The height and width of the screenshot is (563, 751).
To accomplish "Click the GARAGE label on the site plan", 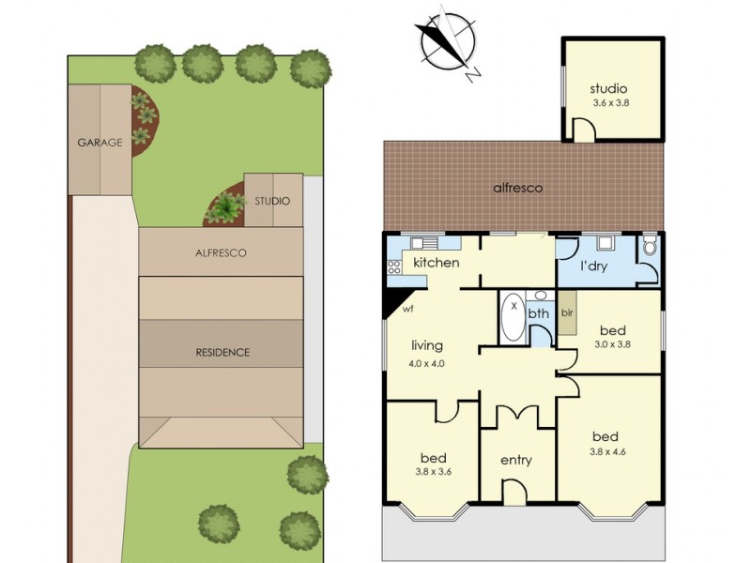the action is click(x=100, y=143).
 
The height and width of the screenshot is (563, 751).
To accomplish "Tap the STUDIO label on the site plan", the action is click(x=272, y=201).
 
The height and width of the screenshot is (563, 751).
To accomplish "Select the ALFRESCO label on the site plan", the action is click(x=221, y=252).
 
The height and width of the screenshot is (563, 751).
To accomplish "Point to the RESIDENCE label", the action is click(x=222, y=353).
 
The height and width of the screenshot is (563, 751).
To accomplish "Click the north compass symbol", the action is click(x=448, y=42).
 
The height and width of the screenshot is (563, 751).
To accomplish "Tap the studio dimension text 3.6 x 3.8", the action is click(x=611, y=102).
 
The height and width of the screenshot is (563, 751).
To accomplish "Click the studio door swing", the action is click(x=584, y=129).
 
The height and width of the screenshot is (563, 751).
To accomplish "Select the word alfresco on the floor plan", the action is click(x=518, y=188).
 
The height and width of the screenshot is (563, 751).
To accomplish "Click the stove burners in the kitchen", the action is click(x=394, y=267).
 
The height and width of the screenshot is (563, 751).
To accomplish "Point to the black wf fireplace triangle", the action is click(x=396, y=300).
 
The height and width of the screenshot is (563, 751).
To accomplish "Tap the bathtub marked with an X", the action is click(x=513, y=318).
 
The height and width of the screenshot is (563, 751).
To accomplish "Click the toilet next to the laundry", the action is click(x=650, y=246).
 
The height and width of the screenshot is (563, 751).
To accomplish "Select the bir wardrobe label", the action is click(x=567, y=313).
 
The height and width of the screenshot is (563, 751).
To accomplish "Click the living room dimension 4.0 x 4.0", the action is click(x=426, y=363).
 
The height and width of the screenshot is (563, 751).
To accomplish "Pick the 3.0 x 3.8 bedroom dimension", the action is click(x=612, y=343).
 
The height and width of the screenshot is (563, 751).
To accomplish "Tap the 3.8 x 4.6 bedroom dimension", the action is click(x=608, y=451).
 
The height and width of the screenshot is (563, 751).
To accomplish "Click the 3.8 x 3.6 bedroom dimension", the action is click(x=434, y=472).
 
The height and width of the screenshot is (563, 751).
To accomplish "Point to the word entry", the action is click(x=515, y=460).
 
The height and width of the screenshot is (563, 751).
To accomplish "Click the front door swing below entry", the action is click(x=514, y=492).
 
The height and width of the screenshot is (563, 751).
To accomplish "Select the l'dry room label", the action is click(x=593, y=266).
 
